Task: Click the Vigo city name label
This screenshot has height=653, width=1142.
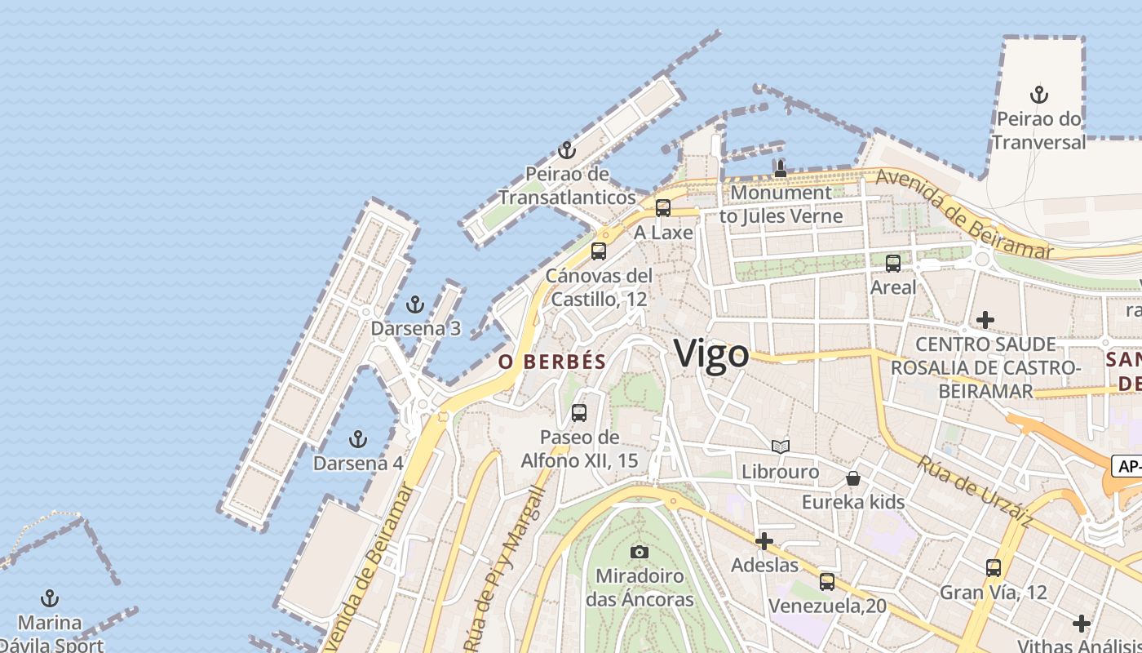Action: (x=711, y=354)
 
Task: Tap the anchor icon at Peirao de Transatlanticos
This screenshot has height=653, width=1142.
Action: (x=567, y=150)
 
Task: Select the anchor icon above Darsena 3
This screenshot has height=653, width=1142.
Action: (x=415, y=305)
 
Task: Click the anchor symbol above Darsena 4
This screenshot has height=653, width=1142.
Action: (x=357, y=439)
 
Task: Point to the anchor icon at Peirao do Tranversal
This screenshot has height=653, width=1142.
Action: (x=1038, y=95)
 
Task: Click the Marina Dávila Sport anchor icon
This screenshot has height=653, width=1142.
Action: (x=50, y=598)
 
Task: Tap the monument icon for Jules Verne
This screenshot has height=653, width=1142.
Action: (x=781, y=169)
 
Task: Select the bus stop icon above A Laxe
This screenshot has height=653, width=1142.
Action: (x=663, y=208)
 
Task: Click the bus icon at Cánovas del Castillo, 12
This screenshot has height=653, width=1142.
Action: (x=599, y=251)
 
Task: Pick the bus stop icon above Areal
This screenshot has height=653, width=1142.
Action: (x=893, y=264)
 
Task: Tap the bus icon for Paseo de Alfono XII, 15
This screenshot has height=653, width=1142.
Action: (x=579, y=413)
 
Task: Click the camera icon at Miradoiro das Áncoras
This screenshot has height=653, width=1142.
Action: (x=640, y=552)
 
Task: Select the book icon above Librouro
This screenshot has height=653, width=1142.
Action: (x=781, y=446)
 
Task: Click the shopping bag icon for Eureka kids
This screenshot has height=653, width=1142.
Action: (x=853, y=478)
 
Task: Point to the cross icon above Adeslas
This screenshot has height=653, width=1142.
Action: (x=764, y=540)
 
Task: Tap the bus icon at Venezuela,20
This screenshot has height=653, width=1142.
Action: (x=827, y=582)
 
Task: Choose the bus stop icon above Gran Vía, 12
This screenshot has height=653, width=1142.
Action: (x=994, y=568)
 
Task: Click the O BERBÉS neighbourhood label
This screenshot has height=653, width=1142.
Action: (x=552, y=362)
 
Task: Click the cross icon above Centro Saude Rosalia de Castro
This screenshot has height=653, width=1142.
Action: (x=985, y=319)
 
